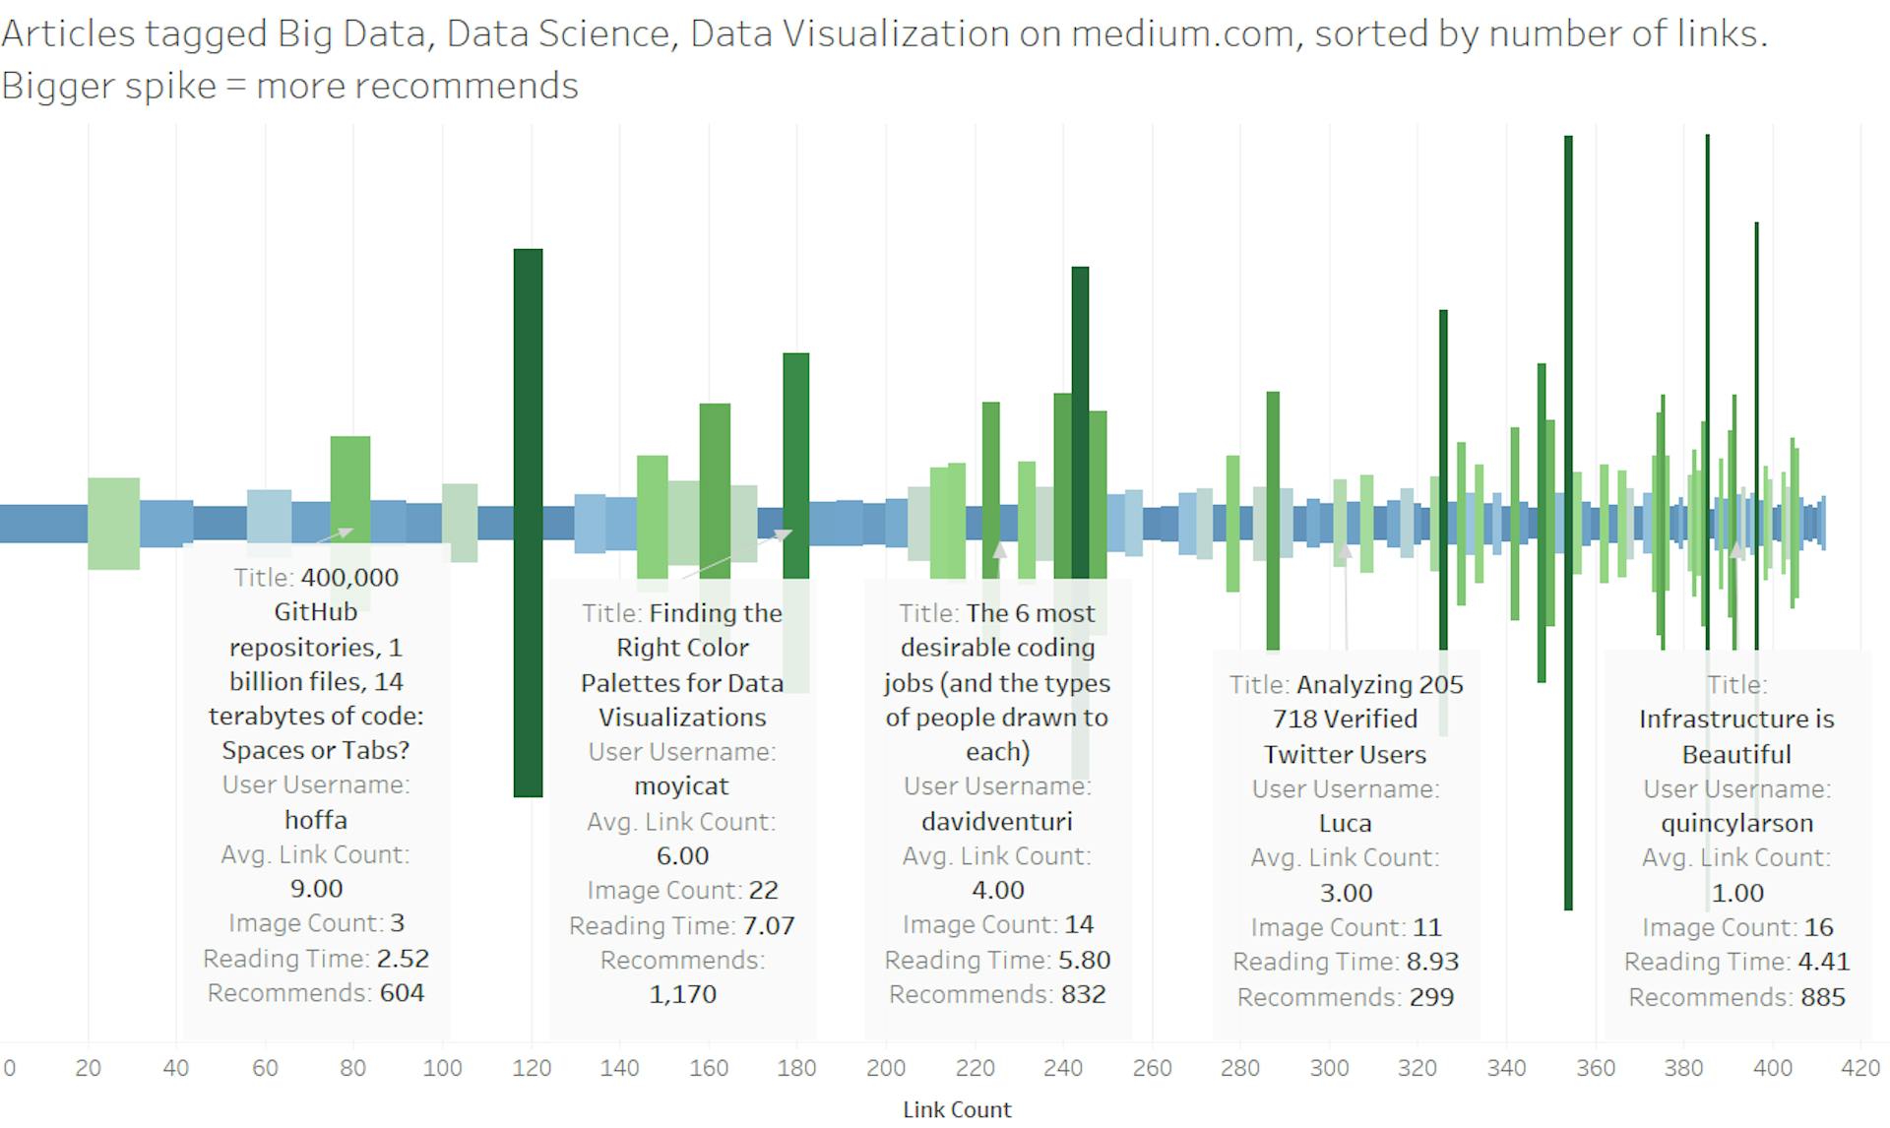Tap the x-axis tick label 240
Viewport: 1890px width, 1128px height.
click(x=1062, y=1068)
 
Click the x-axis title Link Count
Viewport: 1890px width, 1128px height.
click(x=957, y=1109)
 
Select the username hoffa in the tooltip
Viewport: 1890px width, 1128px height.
click(x=315, y=820)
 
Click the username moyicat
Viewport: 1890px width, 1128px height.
click(x=681, y=786)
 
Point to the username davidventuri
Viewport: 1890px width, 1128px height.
click(x=996, y=821)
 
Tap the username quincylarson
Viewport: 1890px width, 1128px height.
click(x=1736, y=823)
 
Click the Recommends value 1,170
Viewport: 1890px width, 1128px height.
click(x=682, y=994)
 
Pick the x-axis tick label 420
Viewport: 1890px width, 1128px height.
click(x=1859, y=1068)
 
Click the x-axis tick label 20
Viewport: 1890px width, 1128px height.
click(x=88, y=1068)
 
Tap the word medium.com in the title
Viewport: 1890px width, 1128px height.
click(x=1181, y=34)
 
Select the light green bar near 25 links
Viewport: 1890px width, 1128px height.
click(x=113, y=523)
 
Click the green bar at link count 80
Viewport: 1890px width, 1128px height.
click(x=349, y=482)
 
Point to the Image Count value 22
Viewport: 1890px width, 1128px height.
click(x=763, y=891)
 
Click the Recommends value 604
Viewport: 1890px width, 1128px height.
click(x=402, y=993)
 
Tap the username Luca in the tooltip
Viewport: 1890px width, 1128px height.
click(x=1345, y=824)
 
